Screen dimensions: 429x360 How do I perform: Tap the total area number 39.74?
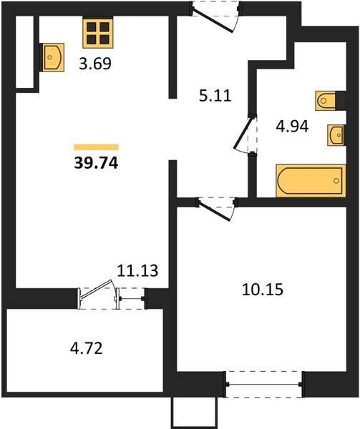[96, 162]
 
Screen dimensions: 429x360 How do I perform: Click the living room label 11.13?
[137, 270]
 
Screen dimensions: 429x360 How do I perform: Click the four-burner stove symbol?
[97, 33]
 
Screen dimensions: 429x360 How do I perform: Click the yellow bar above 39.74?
[96, 146]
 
